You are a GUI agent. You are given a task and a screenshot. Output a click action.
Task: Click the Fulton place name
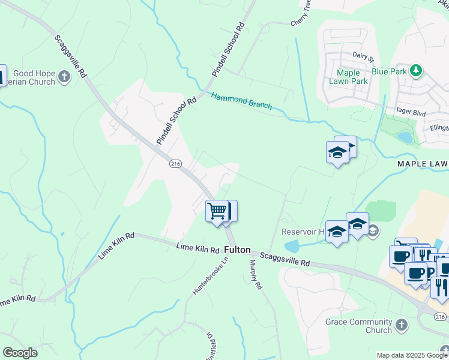point(238,249)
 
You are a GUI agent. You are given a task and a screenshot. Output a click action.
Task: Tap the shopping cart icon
point(216,211)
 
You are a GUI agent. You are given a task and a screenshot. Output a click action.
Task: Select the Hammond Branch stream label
point(241,100)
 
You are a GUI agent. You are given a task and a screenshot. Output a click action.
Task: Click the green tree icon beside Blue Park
point(415,71)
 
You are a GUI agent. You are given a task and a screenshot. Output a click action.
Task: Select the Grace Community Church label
point(358,326)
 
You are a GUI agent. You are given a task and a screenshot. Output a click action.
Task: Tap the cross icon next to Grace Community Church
point(402,326)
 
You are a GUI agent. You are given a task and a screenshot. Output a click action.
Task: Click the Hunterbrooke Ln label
point(202,275)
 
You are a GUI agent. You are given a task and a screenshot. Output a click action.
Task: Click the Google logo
point(20,353)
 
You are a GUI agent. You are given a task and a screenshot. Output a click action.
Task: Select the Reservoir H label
point(303,232)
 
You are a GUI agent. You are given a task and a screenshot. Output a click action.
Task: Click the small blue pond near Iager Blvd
point(405,137)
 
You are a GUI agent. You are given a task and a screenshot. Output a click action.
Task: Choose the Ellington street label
point(439,128)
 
